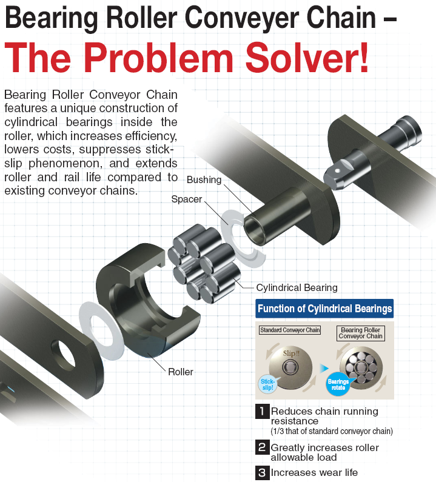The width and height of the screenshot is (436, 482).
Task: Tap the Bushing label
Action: point(204,180)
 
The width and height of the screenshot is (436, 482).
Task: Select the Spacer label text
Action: point(186,199)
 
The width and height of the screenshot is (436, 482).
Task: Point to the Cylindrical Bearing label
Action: point(297,287)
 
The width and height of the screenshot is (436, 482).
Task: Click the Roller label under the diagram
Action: point(181,371)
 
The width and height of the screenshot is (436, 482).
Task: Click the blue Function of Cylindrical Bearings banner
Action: point(324,309)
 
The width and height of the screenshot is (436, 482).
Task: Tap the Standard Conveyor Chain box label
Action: point(290,330)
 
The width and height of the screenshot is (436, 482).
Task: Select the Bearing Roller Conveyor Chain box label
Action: point(361,333)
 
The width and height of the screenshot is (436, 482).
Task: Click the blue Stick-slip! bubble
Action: point(267,384)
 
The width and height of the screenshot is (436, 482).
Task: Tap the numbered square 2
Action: point(262,448)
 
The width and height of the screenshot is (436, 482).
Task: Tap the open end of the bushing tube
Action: point(255,229)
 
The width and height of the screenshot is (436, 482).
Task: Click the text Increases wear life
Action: point(314,472)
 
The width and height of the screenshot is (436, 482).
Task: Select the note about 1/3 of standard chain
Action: point(332,431)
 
